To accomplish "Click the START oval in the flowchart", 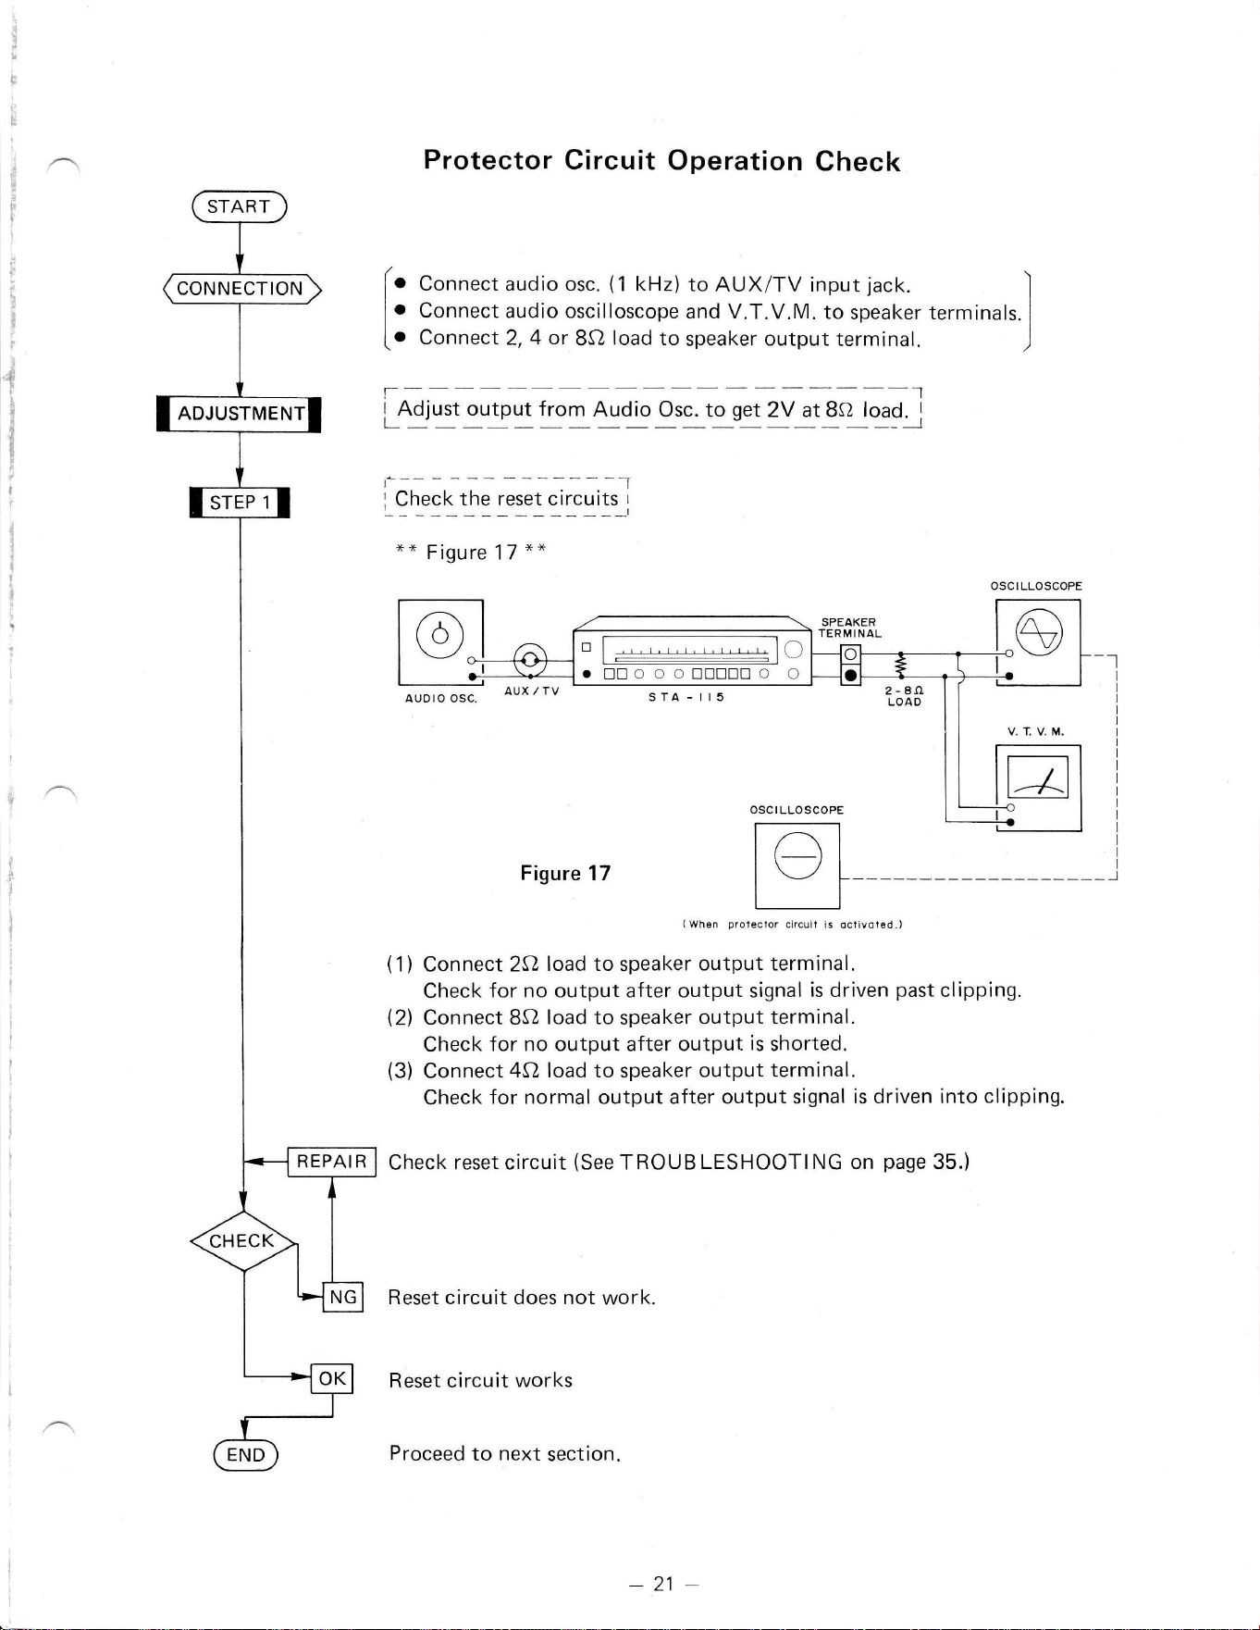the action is click(239, 206).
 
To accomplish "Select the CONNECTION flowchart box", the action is click(240, 289).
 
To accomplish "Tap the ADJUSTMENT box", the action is click(240, 414).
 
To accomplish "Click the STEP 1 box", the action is click(240, 503).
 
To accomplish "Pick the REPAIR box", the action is click(331, 1161).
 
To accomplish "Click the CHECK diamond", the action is click(242, 1241).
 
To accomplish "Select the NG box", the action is click(343, 1297).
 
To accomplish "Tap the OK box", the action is click(332, 1379).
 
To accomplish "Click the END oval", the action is click(245, 1455).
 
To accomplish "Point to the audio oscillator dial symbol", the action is click(440, 634).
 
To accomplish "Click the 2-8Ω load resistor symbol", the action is click(900, 666).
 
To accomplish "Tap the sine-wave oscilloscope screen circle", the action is click(1039, 633).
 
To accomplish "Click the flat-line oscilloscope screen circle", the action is click(797, 855).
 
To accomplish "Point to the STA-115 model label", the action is click(686, 697).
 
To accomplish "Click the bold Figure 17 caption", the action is click(565, 874).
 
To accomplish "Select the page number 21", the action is click(663, 1584).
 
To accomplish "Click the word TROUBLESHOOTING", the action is click(731, 1162).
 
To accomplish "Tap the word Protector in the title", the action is click(488, 160).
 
